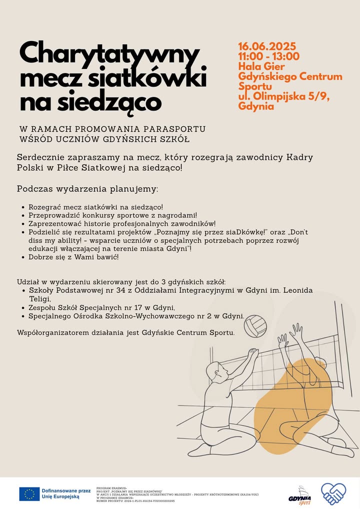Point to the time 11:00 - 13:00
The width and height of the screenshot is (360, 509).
pyautogui.click(x=269, y=56)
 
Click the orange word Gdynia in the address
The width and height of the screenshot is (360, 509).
pyautogui.click(x=256, y=106)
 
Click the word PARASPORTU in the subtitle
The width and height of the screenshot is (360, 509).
pyautogui.click(x=178, y=129)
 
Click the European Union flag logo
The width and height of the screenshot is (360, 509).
pyautogui.click(x=29, y=494)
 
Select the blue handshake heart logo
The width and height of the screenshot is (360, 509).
pyautogui.click(x=333, y=493)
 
